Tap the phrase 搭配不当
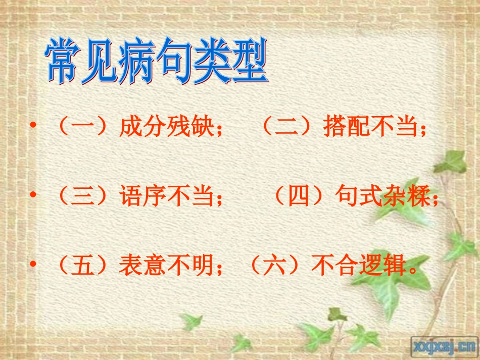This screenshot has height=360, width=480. coord(369,128)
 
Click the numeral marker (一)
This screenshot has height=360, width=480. coord(83,128)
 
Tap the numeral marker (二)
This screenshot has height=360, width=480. coord(287,128)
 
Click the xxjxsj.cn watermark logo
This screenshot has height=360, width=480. coord(445,346)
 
